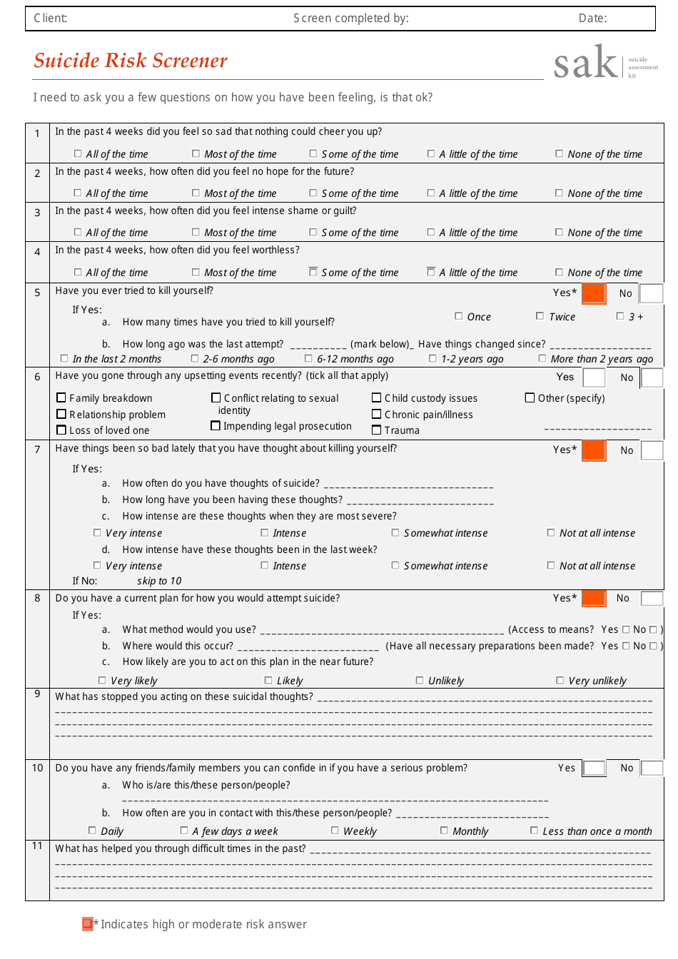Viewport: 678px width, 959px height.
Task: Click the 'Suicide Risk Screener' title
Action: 131,61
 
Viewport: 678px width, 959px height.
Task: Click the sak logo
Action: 586,63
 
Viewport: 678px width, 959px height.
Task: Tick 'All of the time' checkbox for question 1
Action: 78,153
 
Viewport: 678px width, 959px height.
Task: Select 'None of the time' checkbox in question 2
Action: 560,193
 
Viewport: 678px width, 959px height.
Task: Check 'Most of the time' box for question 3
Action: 196,232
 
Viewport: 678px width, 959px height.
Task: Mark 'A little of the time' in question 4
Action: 431,272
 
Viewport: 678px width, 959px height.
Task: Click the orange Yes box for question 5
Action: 594,293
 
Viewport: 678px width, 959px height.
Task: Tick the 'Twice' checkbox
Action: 540,316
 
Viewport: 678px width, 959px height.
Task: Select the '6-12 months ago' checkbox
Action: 308,358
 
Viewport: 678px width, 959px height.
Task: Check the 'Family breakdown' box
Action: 61,398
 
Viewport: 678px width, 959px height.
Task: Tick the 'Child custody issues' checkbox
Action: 377,398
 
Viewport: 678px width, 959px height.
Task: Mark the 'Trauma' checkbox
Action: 377,430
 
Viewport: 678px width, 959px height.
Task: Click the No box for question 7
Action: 652,450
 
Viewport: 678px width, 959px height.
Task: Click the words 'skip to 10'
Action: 159,581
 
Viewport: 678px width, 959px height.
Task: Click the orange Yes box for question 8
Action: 594,598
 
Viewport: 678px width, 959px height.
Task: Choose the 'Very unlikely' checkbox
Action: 560,680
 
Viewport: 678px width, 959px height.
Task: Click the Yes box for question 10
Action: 594,768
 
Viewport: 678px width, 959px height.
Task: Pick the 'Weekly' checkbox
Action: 335,831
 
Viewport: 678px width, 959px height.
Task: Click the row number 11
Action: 37,846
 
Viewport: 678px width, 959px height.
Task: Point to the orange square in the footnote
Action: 87,924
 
